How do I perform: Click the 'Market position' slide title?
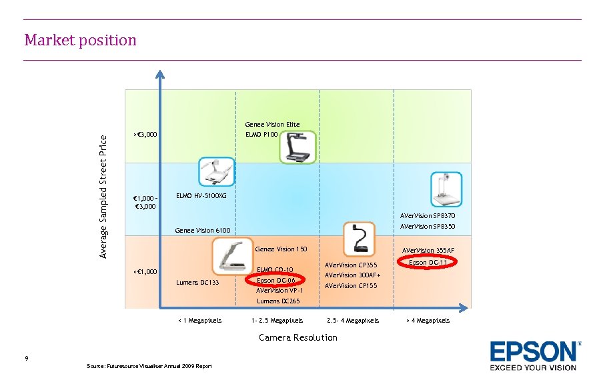point(80,40)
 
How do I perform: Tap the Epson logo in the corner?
point(534,355)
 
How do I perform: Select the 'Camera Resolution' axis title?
point(297,337)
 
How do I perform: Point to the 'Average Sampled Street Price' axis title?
point(103,196)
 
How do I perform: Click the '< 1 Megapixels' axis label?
point(199,321)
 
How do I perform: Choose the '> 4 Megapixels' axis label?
point(428,321)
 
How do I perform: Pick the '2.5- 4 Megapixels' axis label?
point(352,321)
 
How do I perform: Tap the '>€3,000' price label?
point(145,135)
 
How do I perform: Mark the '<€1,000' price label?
point(145,272)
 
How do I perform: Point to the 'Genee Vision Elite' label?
point(272,125)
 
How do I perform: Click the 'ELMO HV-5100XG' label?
point(201,196)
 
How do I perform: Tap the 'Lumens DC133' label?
point(197,283)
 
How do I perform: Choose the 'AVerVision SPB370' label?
point(428,216)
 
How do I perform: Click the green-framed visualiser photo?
point(297,147)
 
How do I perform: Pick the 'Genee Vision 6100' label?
point(202,231)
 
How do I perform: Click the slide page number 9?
point(26,359)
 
